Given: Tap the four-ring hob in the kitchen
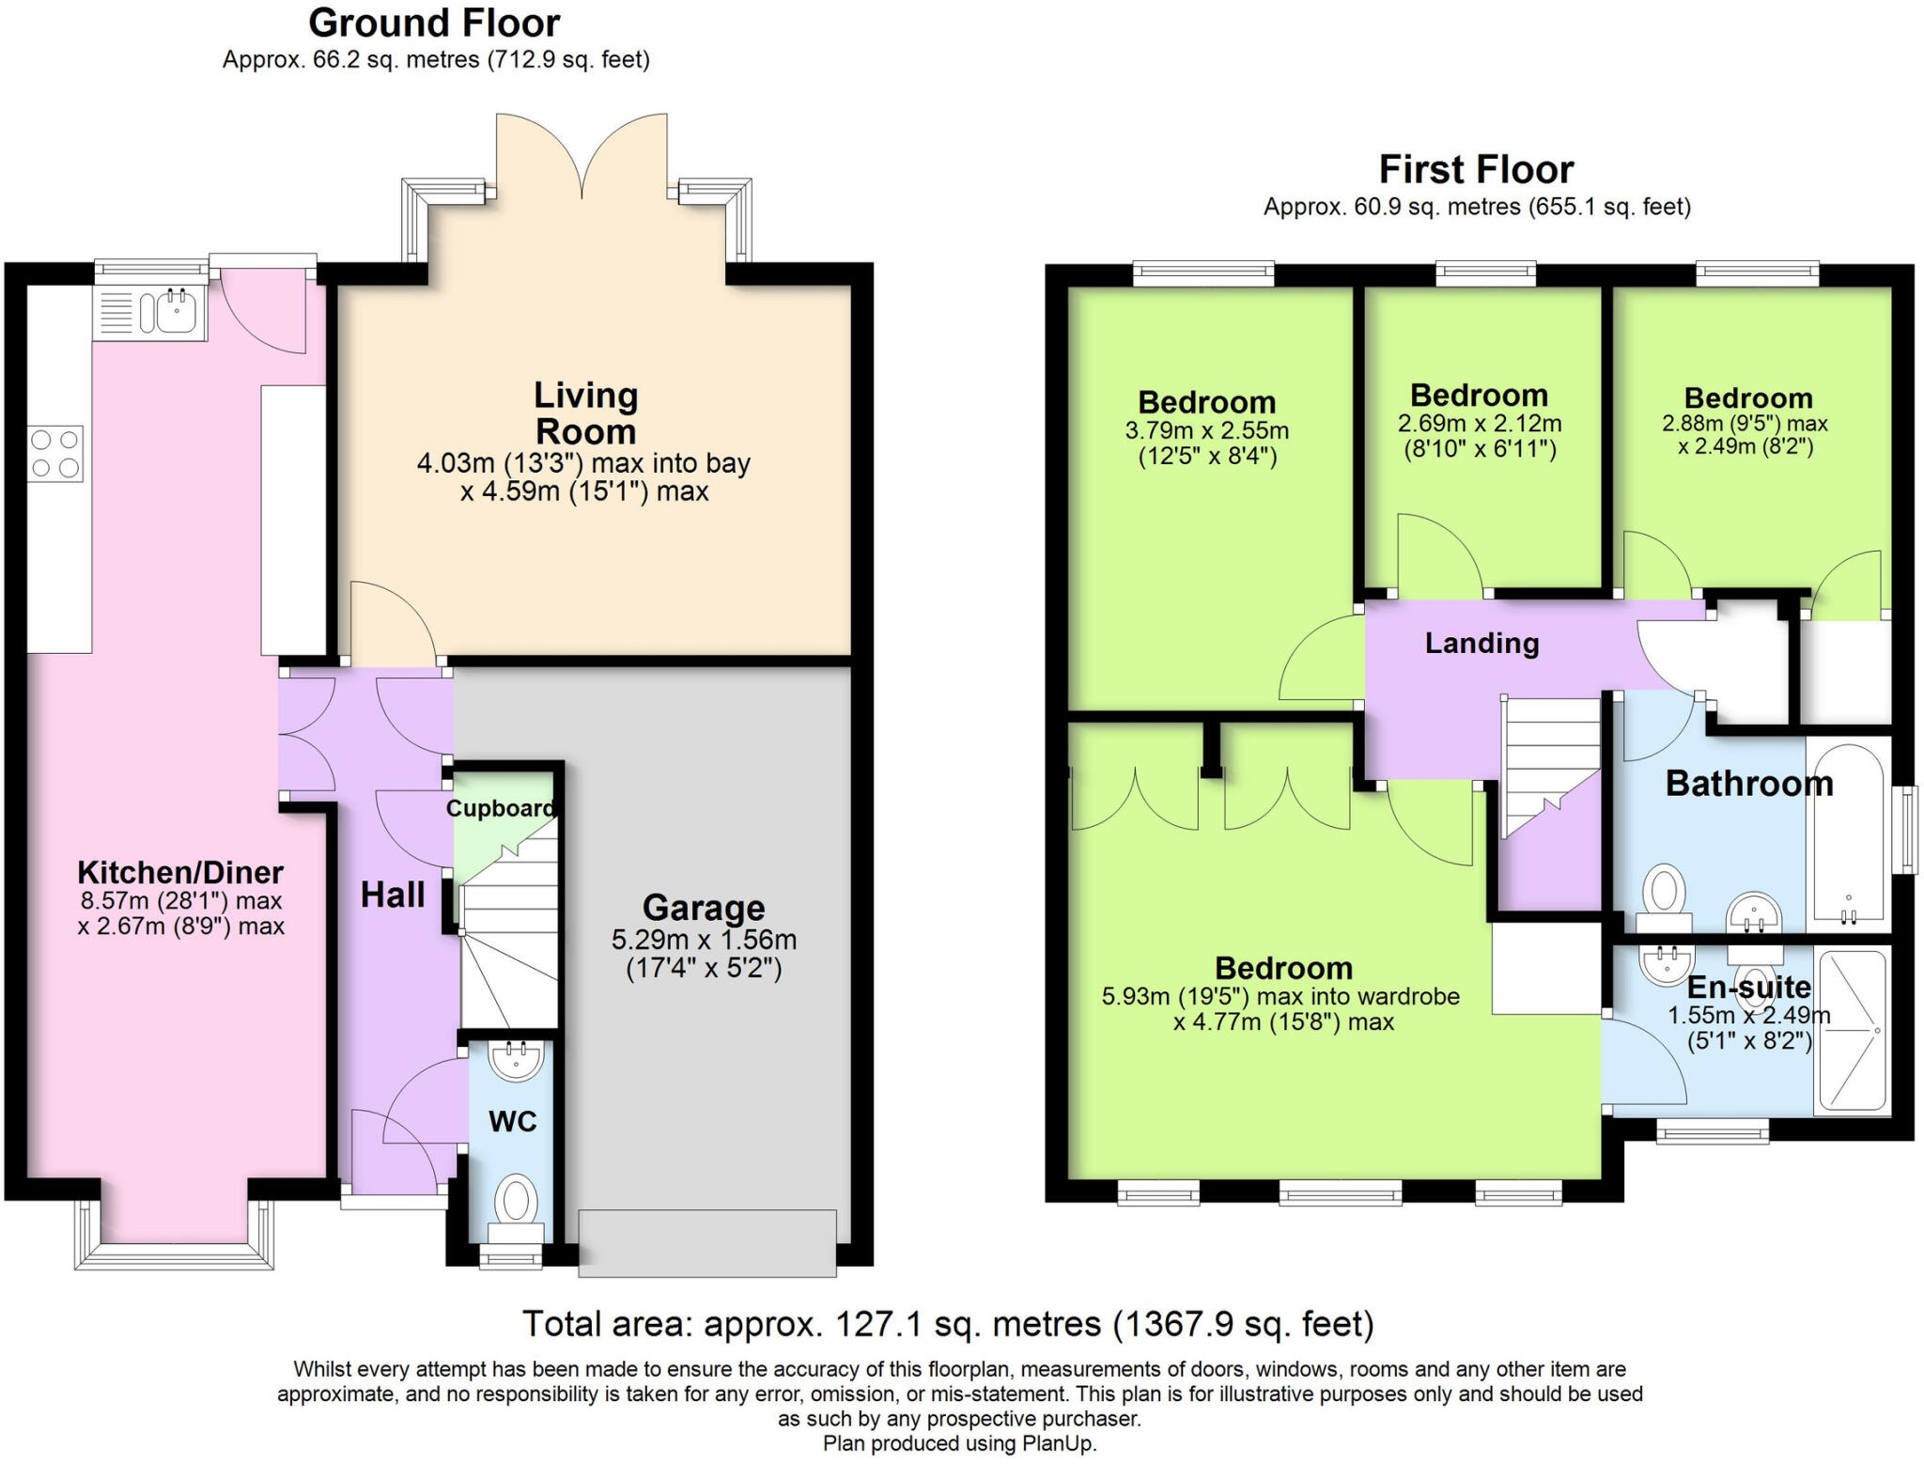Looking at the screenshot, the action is pos(55,454).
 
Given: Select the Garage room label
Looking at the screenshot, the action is pos(704,908).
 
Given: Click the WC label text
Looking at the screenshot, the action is pos(513,1121).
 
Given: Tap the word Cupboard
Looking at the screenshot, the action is pos(500,808).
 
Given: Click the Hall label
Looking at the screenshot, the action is pos(393,895).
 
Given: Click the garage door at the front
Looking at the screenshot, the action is pos(707,1243).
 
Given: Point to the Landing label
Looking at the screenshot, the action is pos(1482,644).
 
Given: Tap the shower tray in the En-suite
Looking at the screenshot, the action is pos(1853,1032).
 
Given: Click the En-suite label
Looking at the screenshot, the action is pos(1749,988).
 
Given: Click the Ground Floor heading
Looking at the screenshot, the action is pos(434,23).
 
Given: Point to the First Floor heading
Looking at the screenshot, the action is pos(1476,169).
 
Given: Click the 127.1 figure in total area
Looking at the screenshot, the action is pos(877,1324).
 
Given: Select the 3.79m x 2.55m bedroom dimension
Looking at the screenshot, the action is pos(1206,431).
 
